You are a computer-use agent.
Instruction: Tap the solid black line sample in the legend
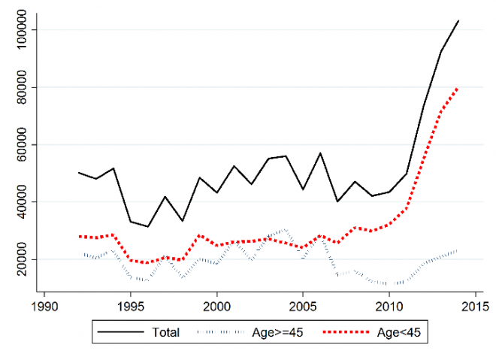pyautogui.click(x=122, y=331)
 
